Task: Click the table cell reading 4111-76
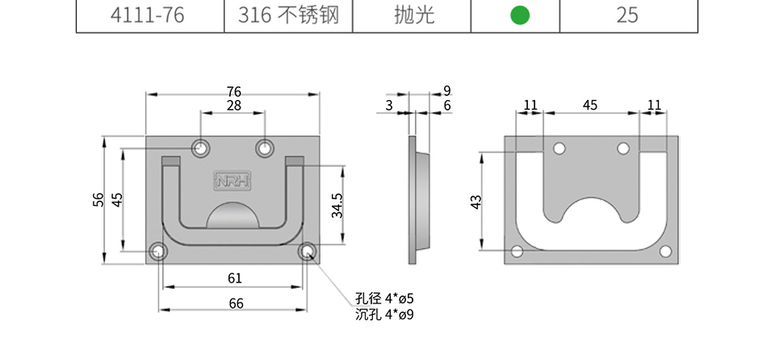[150, 15]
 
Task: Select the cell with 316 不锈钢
[288, 15]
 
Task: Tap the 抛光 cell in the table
[415, 15]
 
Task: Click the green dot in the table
[521, 15]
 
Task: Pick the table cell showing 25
[627, 15]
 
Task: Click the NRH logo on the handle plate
[232, 181]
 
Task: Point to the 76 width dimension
[233, 91]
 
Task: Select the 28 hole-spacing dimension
[233, 106]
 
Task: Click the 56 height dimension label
[98, 200]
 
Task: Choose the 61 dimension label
[234, 278]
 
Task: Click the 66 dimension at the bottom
[234, 303]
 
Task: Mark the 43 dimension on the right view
[475, 201]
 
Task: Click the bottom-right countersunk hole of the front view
[308, 252]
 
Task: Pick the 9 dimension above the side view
[446, 90]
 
